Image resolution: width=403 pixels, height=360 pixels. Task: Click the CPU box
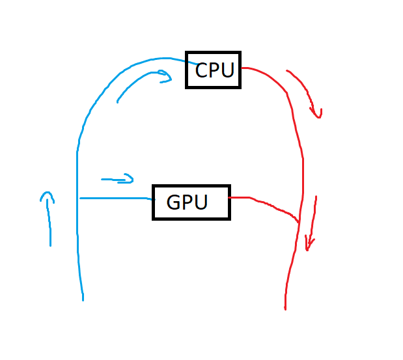[214, 70]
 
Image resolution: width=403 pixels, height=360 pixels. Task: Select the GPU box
[191, 202]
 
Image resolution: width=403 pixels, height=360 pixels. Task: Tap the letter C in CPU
[202, 70]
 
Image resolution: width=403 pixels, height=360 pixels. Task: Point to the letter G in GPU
[174, 202]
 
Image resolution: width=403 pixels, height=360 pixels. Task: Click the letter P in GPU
[188, 202]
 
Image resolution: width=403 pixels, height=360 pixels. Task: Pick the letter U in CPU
[227, 70]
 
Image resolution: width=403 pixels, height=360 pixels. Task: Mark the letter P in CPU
[214, 70]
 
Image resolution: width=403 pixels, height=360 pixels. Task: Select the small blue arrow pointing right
[117, 178]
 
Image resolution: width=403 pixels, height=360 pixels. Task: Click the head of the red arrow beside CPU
[318, 115]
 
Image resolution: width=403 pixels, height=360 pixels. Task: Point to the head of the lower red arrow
[309, 246]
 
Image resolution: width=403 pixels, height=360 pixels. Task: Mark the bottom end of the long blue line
[83, 299]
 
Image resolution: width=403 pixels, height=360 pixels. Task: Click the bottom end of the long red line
[285, 309]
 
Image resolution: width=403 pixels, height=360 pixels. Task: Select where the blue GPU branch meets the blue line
[78, 197]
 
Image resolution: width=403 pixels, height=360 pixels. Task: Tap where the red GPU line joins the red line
[299, 223]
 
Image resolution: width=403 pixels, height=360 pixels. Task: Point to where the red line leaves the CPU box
[242, 68]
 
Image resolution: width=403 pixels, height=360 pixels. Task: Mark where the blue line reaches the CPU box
[187, 62]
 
